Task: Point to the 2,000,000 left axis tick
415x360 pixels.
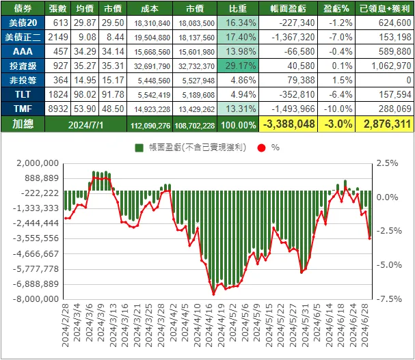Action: point(36,163)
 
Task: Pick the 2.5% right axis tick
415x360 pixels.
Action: point(386,163)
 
